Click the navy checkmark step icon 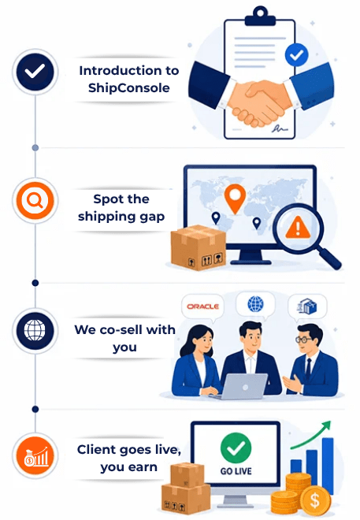(35, 72)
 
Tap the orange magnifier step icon (35, 200)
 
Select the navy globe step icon (35, 331)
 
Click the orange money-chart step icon (35, 455)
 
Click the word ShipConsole (129, 88)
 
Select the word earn (143, 467)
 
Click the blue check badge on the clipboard (296, 54)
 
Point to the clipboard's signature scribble (280, 128)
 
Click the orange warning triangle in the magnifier (298, 228)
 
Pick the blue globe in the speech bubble (255, 304)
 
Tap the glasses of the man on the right (303, 340)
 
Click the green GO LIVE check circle (236, 448)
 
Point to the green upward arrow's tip (330, 422)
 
